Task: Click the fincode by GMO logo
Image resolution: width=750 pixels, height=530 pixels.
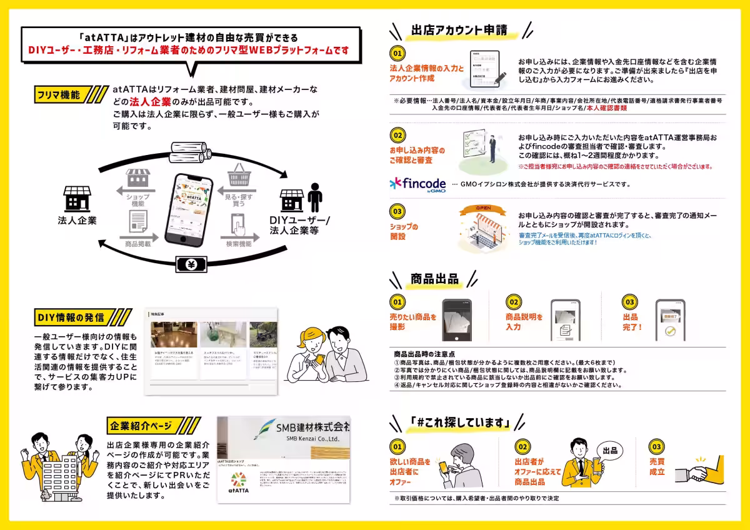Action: point(417,184)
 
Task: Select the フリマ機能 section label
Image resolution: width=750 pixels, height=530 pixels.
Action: point(58,95)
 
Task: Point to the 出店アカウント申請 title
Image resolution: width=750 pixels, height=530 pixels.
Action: point(459,30)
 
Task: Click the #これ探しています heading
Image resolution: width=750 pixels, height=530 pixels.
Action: point(459,423)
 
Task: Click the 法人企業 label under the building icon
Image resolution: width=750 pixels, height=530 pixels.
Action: point(77,221)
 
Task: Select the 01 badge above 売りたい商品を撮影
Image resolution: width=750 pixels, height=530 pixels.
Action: point(397,302)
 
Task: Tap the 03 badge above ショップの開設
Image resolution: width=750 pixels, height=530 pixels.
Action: point(397,211)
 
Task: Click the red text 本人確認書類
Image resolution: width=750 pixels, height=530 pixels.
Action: point(607,108)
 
